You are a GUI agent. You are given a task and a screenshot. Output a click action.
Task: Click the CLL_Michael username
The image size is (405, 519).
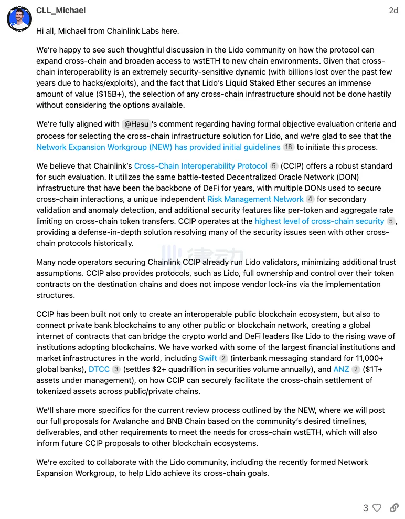pyautogui.click(x=61, y=11)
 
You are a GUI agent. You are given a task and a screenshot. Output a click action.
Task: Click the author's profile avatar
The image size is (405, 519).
pyautogui.click(x=19, y=19)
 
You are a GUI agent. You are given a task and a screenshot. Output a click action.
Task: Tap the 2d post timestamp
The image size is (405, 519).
pyautogui.click(x=393, y=11)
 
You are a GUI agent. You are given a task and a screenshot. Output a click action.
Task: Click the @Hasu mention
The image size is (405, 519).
pyautogui.click(x=136, y=124)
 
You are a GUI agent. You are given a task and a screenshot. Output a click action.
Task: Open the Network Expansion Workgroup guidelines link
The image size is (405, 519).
pyautogui.click(x=158, y=147)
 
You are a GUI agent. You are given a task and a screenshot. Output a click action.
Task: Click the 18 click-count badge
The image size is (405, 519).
pyautogui.click(x=289, y=147)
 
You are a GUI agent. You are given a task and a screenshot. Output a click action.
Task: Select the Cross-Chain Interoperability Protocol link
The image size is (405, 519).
pyautogui.click(x=200, y=166)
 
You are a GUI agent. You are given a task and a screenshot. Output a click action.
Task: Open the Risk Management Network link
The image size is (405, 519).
pyautogui.click(x=255, y=199)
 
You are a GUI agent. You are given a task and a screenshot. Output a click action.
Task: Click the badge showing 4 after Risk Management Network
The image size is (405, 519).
pyautogui.click(x=310, y=199)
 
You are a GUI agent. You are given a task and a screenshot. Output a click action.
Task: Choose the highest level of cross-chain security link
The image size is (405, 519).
pyautogui.click(x=319, y=221)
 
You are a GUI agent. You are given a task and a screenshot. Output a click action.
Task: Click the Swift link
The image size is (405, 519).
pyautogui.click(x=208, y=358)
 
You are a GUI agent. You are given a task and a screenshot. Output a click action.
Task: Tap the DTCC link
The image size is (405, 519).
pyautogui.click(x=99, y=369)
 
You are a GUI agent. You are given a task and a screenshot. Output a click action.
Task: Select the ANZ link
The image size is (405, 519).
pyautogui.click(x=341, y=369)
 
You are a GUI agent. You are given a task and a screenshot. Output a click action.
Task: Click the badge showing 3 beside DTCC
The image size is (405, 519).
pyautogui.click(x=116, y=369)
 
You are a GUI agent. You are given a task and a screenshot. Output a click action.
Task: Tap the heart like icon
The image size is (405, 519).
pyautogui.click(x=377, y=508)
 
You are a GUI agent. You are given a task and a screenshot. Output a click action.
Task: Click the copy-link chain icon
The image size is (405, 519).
pyautogui.click(x=393, y=508)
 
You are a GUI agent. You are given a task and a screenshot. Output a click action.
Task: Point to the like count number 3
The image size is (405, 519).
pyautogui.click(x=366, y=508)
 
